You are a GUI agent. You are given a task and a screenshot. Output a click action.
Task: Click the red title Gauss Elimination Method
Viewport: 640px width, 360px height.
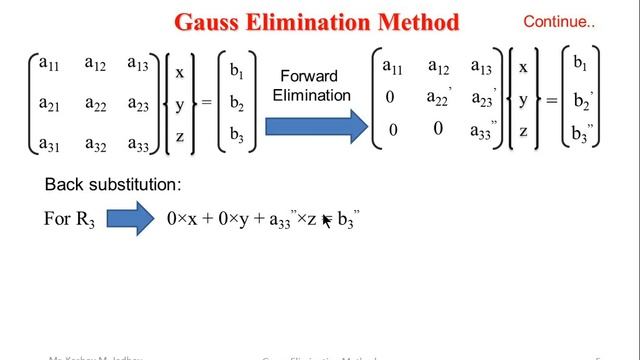[x=318, y=22]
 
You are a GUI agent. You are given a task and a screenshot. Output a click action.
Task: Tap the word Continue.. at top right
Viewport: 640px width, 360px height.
[x=559, y=20]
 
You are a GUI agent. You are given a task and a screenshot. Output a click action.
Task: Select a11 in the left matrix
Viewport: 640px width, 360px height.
[x=48, y=64]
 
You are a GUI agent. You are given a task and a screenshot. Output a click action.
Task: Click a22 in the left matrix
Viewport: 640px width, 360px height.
[x=96, y=103]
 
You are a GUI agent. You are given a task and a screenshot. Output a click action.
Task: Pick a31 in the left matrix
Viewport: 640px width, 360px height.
[x=49, y=144]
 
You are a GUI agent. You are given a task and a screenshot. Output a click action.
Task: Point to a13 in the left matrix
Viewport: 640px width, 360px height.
[x=140, y=64]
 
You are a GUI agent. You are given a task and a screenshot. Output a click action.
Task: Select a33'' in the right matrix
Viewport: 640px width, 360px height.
[x=487, y=130]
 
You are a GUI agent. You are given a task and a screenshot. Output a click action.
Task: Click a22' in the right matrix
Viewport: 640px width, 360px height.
[x=441, y=97]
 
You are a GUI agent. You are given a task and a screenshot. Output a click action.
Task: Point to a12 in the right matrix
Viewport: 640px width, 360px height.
[x=440, y=67]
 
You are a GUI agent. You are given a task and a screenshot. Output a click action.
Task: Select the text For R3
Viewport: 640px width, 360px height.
[x=69, y=219]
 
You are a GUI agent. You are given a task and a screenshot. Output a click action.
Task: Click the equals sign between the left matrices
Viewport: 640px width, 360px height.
[x=207, y=104]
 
